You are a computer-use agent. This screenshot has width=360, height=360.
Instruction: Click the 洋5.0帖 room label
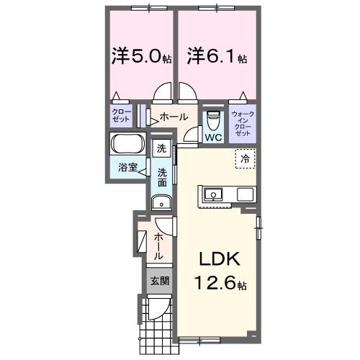pyautogui.click(x=141, y=55)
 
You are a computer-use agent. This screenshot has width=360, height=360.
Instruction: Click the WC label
pyautogui.click(x=213, y=136)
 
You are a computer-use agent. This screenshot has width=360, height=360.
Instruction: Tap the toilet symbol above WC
pyautogui.click(x=213, y=119)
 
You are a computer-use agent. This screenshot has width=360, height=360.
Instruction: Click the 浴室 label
pyautogui.click(x=127, y=167)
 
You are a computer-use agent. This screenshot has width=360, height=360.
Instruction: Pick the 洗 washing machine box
pyautogui.click(x=161, y=148)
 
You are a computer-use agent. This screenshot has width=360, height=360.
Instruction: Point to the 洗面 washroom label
pyautogui.click(x=163, y=177)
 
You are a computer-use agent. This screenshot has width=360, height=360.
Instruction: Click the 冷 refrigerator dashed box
pyautogui.click(x=246, y=158)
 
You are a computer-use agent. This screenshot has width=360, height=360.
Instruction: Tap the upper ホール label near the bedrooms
pyautogui.click(x=174, y=117)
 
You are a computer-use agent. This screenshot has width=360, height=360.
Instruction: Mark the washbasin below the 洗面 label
pyautogui.click(x=163, y=202)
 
